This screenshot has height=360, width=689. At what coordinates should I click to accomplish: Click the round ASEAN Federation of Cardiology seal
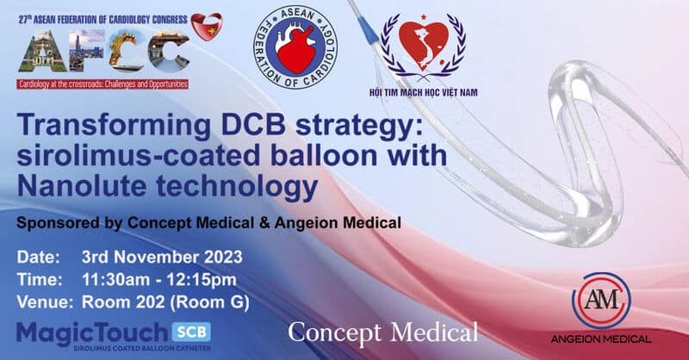pos(295,47)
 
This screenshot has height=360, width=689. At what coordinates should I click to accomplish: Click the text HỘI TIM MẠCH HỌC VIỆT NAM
pos(423,92)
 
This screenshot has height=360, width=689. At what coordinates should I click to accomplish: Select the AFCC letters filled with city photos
pos(104,51)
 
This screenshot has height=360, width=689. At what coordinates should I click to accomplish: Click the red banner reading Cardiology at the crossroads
pos(102,84)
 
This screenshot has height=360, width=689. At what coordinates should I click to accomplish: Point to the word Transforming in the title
pos(115,126)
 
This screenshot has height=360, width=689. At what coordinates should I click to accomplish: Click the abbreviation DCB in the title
pos(253,125)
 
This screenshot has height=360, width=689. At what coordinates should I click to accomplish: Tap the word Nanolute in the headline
pos(82,185)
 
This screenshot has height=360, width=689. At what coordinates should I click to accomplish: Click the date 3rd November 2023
pos(162,258)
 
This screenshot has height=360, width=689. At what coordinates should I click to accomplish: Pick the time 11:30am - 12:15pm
pos(159,280)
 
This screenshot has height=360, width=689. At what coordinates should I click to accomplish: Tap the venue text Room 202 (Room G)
pos(165,302)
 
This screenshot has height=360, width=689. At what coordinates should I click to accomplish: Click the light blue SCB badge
pos(191,332)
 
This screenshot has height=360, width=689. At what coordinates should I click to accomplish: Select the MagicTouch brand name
pos(92,333)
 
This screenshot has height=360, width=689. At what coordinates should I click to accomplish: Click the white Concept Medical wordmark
pos(382,332)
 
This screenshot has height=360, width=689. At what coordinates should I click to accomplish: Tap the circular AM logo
pos(601,301)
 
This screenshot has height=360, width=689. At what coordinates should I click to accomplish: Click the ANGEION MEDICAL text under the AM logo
pos(601,339)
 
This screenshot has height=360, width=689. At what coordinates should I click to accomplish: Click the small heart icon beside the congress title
pos(207,27)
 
